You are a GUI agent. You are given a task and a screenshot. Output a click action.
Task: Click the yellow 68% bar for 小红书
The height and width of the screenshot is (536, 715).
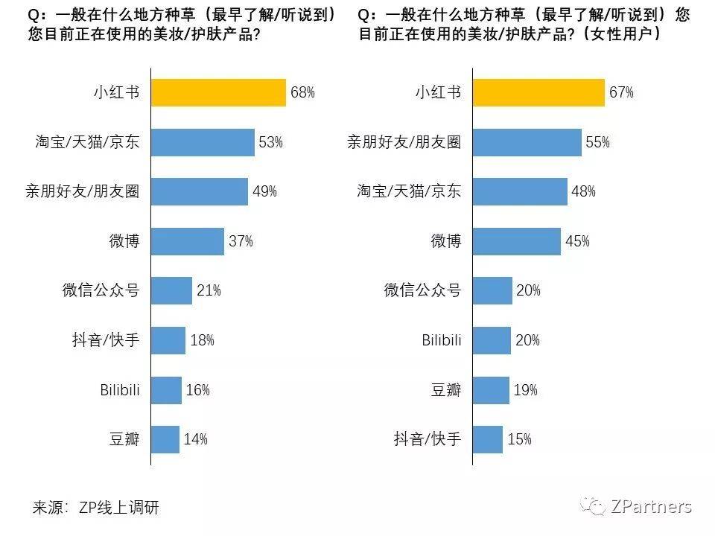(218, 92)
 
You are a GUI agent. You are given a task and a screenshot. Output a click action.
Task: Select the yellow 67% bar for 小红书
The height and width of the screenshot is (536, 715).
(538, 92)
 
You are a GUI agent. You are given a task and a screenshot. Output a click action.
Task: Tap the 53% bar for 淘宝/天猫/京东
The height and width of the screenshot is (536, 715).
(203, 142)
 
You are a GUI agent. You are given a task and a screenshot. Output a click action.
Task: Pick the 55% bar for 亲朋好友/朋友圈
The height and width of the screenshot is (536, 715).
(527, 142)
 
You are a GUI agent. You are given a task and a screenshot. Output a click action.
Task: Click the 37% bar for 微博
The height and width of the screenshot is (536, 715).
(187, 241)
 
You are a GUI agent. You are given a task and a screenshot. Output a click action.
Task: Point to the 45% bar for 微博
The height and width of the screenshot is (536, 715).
(516, 241)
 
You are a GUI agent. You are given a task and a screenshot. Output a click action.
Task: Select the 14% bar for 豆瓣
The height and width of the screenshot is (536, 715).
(165, 439)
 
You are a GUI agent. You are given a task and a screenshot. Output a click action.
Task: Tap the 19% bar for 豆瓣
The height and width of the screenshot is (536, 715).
(491, 389)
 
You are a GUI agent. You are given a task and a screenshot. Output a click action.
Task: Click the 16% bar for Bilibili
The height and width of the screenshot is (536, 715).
(167, 389)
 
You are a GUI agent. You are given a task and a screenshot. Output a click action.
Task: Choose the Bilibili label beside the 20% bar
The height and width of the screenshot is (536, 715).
(442, 340)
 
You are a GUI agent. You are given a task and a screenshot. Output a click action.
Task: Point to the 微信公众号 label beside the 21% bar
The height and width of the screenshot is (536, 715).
(101, 290)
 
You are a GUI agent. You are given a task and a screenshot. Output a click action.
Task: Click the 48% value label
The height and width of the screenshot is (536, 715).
(583, 191)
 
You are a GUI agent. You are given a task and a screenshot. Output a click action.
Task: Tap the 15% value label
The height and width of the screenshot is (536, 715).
(519, 439)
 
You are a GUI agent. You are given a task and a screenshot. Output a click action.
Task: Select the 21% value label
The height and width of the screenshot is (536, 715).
(209, 290)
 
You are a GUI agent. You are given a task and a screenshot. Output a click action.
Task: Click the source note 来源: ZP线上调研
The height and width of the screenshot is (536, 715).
(96, 508)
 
